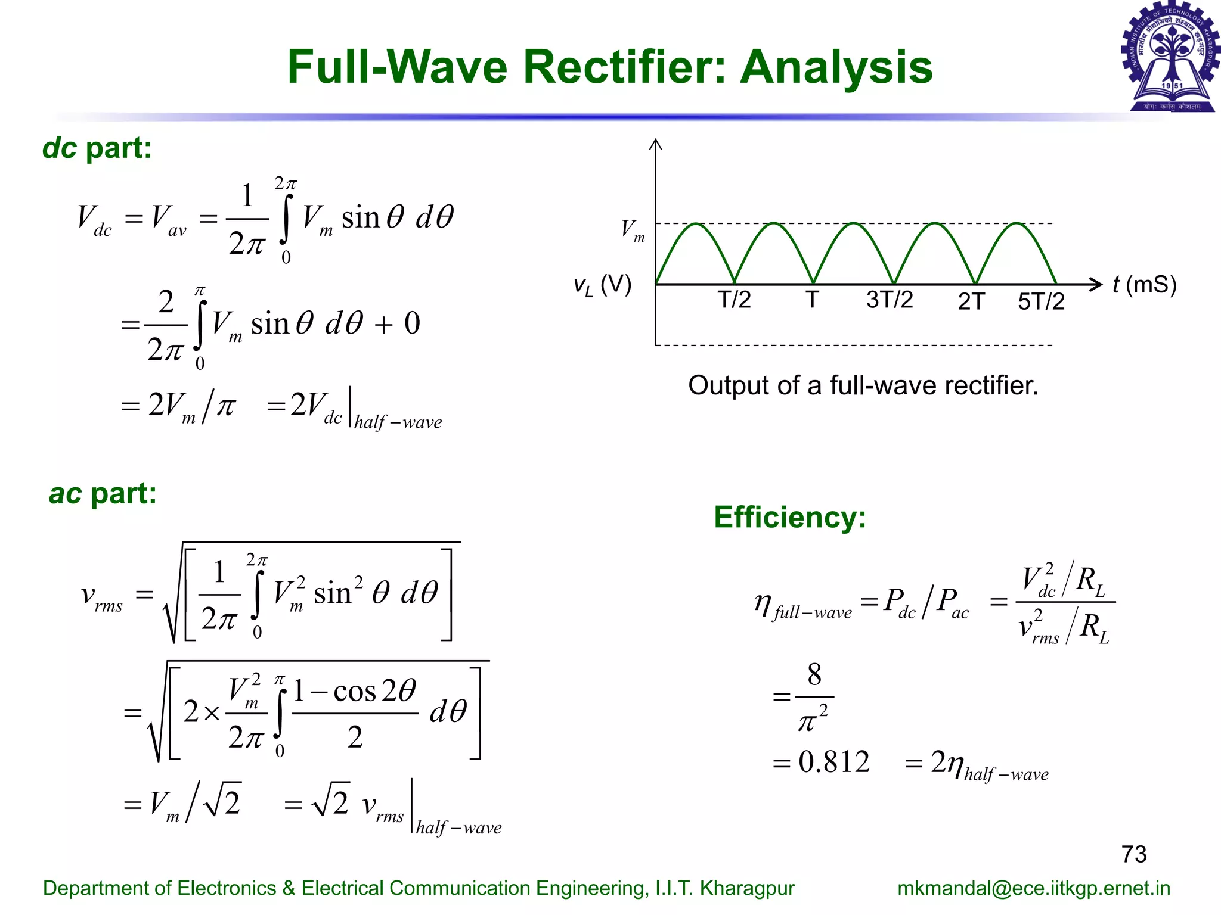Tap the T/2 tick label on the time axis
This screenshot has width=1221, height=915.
pyautogui.click(x=734, y=300)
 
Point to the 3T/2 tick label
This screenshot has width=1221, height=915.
pyautogui.click(x=890, y=300)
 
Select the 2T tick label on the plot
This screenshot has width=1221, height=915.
pyautogui.click(x=971, y=302)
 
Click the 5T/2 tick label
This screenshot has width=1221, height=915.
pyautogui.click(x=1041, y=302)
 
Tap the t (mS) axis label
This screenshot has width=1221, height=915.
pyautogui.click(x=1144, y=285)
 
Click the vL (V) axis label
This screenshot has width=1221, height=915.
pyautogui.click(x=602, y=285)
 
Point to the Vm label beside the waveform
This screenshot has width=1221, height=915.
pyautogui.click(x=633, y=230)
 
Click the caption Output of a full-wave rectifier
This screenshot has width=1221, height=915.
pyautogui.click(x=863, y=385)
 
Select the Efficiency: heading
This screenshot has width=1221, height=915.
pyautogui.click(x=789, y=517)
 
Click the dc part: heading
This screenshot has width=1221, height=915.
pyautogui.click(x=97, y=148)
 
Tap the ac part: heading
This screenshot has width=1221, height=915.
pyautogui.click(x=103, y=493)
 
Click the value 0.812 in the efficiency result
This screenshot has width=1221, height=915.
pyautogui.click(x=833, y=762)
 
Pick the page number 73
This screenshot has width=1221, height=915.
pyautogui.click(x=1133, y=854)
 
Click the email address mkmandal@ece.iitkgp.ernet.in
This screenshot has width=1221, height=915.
pyautogui.click(x=1034, y=888)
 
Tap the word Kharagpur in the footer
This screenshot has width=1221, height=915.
pyautogui.click(x=747, y=888)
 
